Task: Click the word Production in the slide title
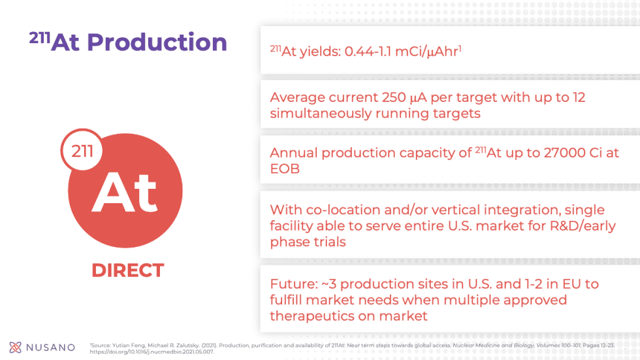pos(157,42)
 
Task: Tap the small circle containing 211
pos(82,152)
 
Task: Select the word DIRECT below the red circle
pos(127,270)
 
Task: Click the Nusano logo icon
pos(15,347)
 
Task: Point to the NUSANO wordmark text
pos(51,348)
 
